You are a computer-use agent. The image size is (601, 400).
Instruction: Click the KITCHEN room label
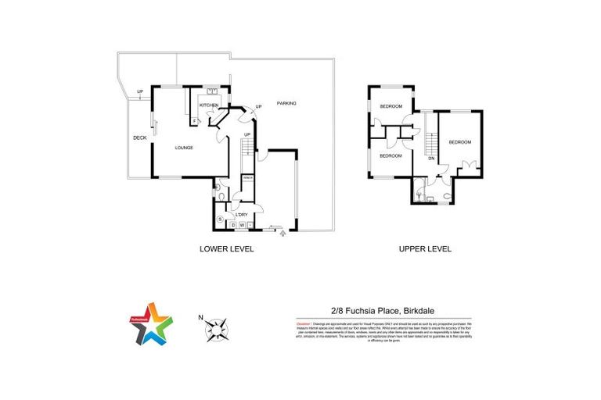[208, 105]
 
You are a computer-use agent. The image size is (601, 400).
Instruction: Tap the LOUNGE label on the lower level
[184, 148]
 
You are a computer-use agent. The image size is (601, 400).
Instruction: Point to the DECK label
[139, 138]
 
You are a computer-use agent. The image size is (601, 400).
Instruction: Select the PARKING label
[286, 103]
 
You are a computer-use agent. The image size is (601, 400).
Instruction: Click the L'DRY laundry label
[242, 214]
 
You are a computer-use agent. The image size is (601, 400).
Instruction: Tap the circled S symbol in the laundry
[221, 219]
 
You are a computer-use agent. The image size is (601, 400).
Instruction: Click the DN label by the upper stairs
[431, 159]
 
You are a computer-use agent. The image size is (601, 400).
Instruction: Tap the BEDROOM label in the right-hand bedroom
[460, 141]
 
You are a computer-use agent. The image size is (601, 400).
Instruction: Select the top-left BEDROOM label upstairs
[391, 106]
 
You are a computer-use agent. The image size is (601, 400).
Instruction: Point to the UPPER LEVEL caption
[425, 249]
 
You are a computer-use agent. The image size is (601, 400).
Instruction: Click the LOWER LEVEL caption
[228, 249]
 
